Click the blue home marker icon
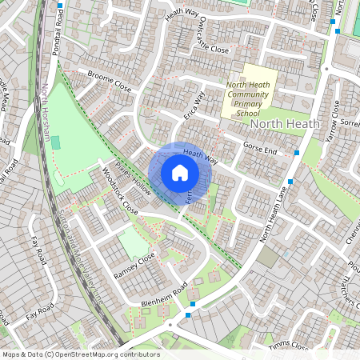(180, 173)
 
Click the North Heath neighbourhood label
(285, 124)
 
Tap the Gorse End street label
(260, 150)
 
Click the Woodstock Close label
(119, 196)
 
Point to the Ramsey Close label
(134, 265)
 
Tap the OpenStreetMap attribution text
(81, 354)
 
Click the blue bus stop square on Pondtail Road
(60, 6)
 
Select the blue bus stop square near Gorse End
(297, 152)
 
